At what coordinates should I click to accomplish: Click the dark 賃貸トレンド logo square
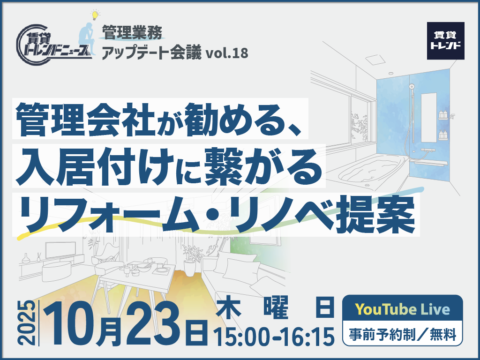445,41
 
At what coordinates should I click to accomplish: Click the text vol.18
227,53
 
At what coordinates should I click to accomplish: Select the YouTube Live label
402,309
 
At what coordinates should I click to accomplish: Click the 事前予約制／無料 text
403,334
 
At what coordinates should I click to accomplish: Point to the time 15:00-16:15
274,337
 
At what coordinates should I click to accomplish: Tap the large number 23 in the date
153,323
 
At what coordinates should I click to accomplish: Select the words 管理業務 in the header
132,33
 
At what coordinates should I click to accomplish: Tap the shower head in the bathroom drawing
412,86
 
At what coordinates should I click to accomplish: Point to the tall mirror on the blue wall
428,118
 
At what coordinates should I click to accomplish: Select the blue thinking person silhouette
87,38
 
